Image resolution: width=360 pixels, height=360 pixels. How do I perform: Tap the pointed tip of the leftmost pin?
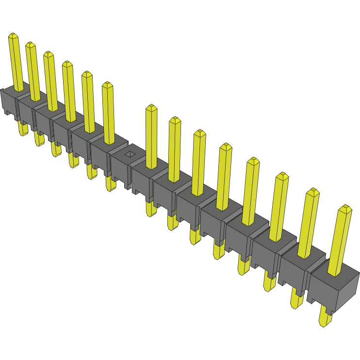pyautogui.click(x=13, y=36)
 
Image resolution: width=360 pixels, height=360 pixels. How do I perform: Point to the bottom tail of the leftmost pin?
pyautogui.click(x=22, y=130)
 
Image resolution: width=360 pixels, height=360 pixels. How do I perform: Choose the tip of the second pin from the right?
pyautogui.click(x=313, y=192)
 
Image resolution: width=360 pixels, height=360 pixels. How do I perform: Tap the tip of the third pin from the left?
pyautogui.click(x=49, y=54)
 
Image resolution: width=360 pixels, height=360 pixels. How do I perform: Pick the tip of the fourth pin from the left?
pyautogui.click(x=67, y=64)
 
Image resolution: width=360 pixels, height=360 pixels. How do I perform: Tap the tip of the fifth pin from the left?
pyautogui.click(x=87, y=74)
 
